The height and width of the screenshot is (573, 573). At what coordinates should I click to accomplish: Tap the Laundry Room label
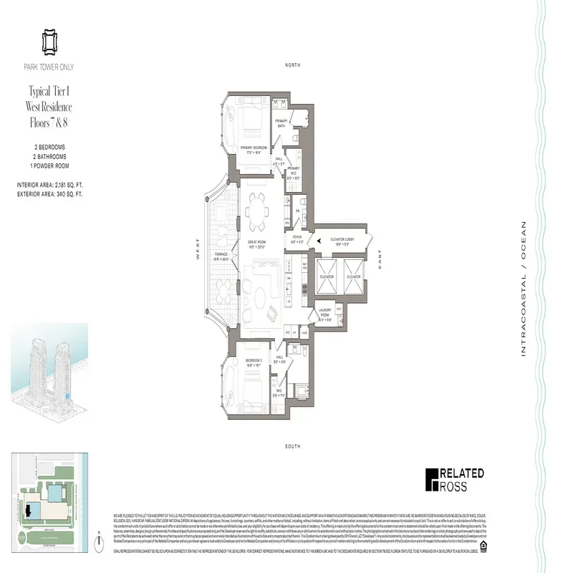[324, 314]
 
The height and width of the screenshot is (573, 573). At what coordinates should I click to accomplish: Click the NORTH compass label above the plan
[292, 64]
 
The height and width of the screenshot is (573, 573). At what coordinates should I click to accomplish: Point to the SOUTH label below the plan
[292, 445]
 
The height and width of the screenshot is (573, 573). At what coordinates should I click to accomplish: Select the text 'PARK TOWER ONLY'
[49, 68]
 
